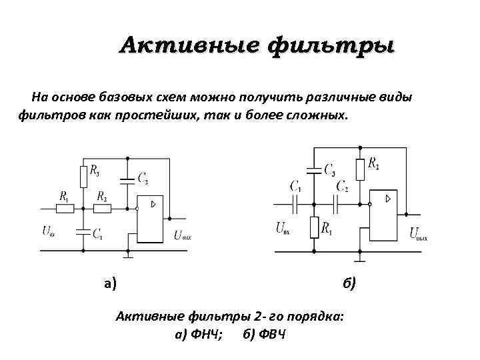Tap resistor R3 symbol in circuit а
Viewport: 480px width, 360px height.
(x=83, y=177)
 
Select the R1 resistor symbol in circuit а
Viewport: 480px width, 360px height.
(x=65, y=209)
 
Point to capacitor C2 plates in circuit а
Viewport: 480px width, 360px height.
(x=125, y=179)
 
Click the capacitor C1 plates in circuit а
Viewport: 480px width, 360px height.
(x=83, y=233)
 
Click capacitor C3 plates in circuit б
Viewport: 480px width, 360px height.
(x=313, y=169)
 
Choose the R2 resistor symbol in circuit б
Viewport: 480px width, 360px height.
(x=360, y=169)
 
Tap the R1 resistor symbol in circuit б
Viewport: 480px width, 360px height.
(x=313, y=227)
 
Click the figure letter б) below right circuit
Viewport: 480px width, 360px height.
(x=350, y=284)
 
